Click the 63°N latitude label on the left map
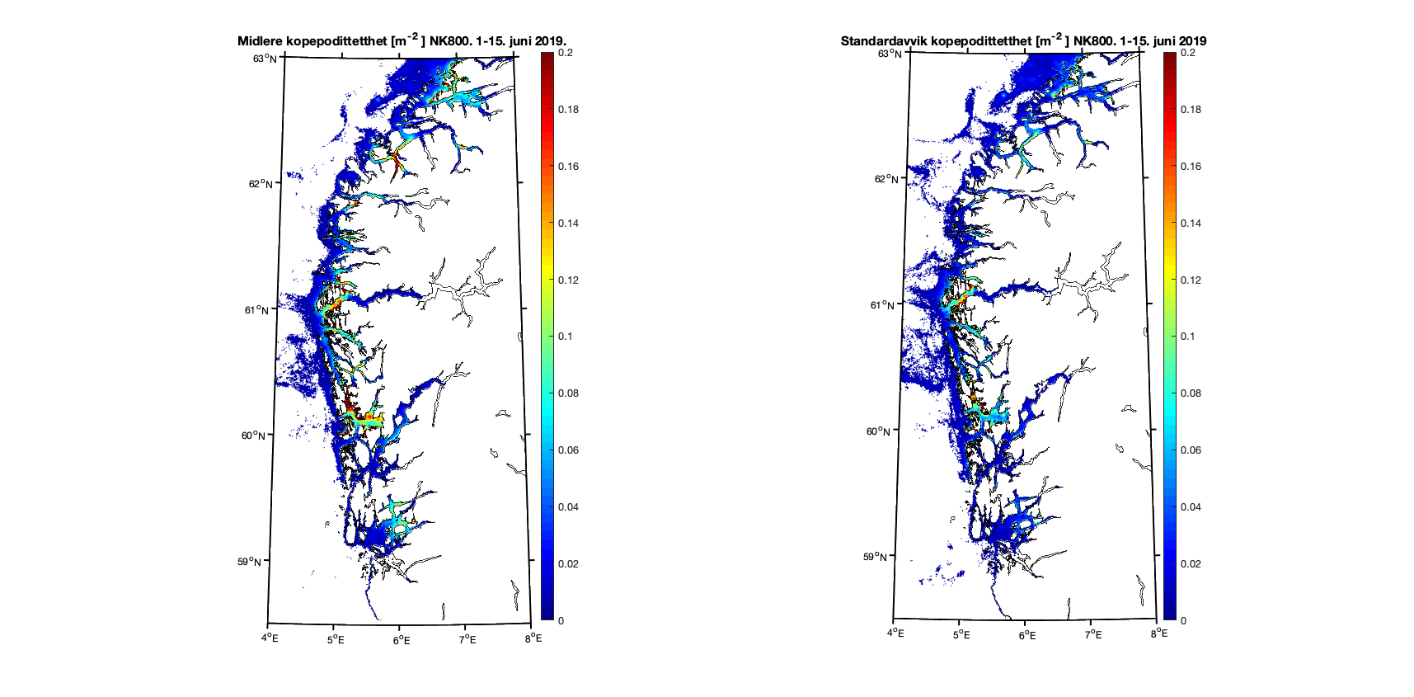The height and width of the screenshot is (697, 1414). click(265, 58)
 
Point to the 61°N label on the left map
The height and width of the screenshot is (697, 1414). click(256, 310)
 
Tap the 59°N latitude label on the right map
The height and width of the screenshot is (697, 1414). click(876, 556)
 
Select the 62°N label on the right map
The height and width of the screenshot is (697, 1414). click(886, 179)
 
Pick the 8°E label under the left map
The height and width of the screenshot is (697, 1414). click(534, 638)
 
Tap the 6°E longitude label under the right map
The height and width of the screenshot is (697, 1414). click(1026, 634)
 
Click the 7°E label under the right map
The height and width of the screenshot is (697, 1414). click(1092, 634)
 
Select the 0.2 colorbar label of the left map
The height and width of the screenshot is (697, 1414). click(565, 53)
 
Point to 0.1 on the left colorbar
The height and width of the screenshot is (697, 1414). click(565, 337)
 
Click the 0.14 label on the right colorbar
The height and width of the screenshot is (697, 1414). click(1191, 223)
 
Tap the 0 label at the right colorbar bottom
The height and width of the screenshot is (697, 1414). click(1183, 620)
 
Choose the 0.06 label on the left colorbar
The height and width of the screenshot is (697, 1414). click(568, 450)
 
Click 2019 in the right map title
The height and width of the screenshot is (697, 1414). click(1192, 41)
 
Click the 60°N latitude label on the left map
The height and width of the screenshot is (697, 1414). click(253, 436)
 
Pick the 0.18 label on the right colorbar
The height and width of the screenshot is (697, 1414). click(1191, 109)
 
